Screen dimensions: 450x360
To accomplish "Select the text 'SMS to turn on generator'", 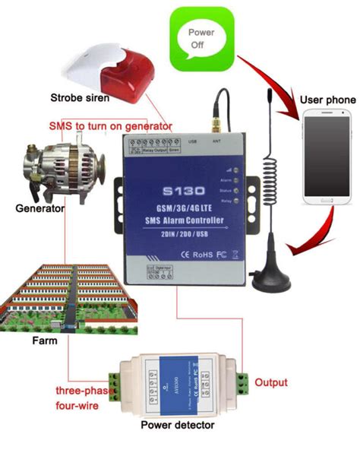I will (110, 125).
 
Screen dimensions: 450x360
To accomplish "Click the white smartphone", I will (327, 157).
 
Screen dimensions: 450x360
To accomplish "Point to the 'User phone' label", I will (327, 100).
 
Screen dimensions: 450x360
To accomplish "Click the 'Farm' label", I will (45, 341).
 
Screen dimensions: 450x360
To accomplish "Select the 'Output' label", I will (271, 382).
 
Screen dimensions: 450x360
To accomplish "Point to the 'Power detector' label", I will (179, 424).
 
